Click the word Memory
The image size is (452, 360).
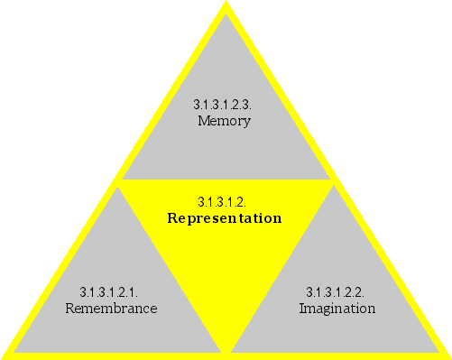tap(224, 121)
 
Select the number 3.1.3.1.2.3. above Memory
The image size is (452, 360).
tap(223, 105)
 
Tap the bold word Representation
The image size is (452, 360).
tap(225, 218)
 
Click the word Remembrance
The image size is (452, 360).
tap(112, 309)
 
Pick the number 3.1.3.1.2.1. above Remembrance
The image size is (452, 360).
tap(109, 291)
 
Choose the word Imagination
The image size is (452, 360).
tap(337, 309)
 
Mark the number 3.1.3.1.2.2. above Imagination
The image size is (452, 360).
tap(335, 291)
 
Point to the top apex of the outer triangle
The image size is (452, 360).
tap(226, 5)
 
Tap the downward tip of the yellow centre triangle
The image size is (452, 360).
tap(226, 350)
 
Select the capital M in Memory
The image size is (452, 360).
tap(203, 121)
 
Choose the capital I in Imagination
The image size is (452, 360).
tap(301, 309)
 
